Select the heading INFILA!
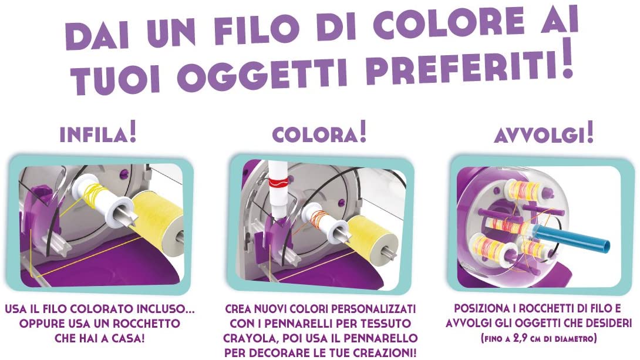[x=98, y=134]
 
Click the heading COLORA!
[x=319, y=133]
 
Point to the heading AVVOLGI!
[x=544, y=134]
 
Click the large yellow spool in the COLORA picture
[x=372, y=237]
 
